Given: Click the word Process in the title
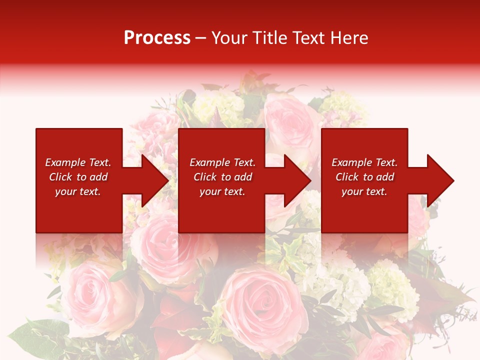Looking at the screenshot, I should coord(157,38).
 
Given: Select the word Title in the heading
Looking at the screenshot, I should coord(269,38).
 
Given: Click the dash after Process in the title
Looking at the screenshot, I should coord(201,38).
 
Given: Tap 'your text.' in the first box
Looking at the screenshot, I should coord(78,191).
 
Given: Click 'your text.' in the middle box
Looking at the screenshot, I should coord(222,191).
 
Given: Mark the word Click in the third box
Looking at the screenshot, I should coord(347,177).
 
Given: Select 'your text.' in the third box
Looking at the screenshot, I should coord(364,191).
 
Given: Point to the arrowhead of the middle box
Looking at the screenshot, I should coord(296,180).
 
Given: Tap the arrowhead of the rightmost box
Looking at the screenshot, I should coord(439,180).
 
